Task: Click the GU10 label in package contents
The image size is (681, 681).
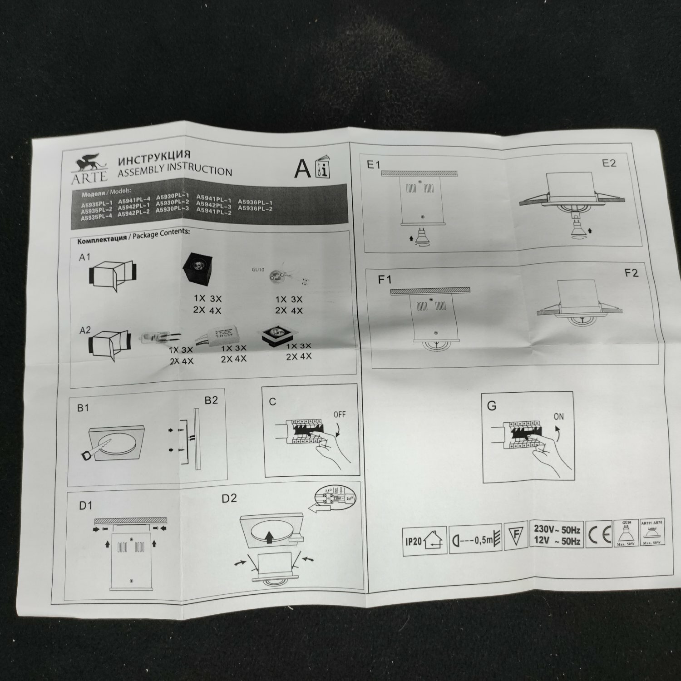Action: tap(257, 269)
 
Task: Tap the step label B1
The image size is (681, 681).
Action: tap(83, 408)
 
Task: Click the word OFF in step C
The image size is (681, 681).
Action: tap(339, 415)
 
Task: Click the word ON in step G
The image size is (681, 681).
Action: tap(558, 416)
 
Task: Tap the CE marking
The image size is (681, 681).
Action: tap(599, 537)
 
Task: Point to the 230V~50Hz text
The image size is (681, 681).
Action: tap(557, 529)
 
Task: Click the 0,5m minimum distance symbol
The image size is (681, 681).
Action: tap(475, 540)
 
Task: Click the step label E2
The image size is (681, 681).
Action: tap(609, 163)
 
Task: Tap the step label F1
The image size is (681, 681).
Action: tap(385, 279)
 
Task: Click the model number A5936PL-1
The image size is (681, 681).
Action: tap(255, 202)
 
